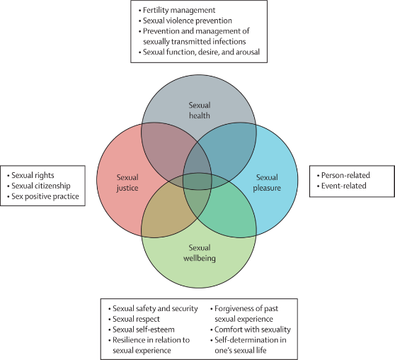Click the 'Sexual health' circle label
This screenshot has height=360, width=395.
click(200, 111)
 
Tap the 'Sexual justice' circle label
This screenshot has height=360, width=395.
click(127, 183)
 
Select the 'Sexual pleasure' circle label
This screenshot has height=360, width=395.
click(267, 183)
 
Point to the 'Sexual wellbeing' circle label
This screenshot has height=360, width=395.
click(200, 253)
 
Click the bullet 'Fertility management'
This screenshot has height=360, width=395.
click(179, 10)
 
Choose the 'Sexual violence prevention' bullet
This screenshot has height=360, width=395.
click(188, 21)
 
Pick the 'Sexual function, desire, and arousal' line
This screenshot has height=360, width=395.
click(201, 52)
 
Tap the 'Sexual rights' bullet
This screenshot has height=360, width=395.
click(33, 175)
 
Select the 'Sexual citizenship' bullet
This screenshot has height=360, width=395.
click(41, 186)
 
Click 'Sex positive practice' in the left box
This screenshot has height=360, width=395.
click(45, 196)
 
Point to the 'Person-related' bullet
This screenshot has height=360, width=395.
click(345, 175)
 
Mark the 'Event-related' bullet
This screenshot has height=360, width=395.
click(343, 186)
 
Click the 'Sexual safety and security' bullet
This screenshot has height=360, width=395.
click(155, 308)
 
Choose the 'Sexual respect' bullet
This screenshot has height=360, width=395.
click(136, 319)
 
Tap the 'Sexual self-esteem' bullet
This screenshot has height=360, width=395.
click(143, 330)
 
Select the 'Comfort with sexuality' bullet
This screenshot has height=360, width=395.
click(253, 330)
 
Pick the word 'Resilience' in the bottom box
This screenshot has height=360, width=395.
click(129, 340)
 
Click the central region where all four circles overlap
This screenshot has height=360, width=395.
click(197, 181)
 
